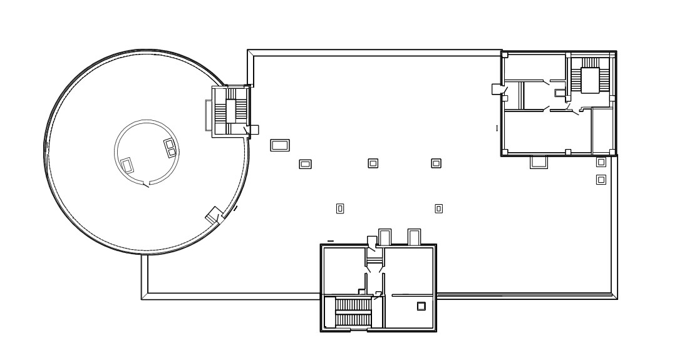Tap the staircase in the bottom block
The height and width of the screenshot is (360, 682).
coord(354,311)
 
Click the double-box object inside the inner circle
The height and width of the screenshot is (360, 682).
coord(170,148)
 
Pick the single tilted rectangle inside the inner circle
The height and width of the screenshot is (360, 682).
coord(127,165)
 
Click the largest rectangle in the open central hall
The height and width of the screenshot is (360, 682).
coord(279,145)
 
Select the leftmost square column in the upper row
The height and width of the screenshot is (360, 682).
coord(306,164)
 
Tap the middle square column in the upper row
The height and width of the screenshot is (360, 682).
coord(373,163)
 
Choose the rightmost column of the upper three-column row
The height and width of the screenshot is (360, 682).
coord(437,163)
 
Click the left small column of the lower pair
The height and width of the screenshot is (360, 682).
coord(340,208)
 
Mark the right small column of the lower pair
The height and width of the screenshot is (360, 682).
coord(439,208)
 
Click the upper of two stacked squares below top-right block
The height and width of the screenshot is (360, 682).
coord(601,162)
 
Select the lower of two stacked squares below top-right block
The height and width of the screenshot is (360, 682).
coord(601,180)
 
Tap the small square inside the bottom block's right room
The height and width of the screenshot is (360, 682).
coord(421,306)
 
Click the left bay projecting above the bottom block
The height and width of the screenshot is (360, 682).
coord(385,237)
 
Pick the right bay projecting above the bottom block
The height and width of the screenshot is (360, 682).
coord(414,237)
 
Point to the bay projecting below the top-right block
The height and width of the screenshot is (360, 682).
coord(539,162)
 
